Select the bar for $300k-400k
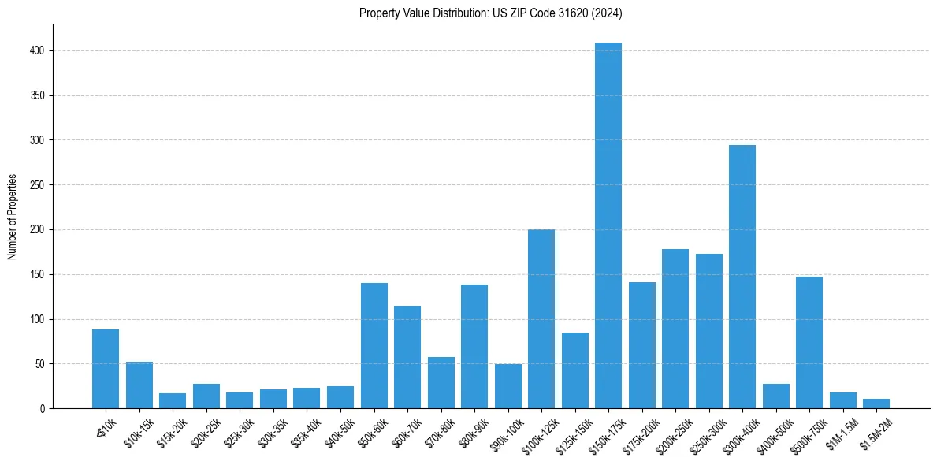(x=742, y=277)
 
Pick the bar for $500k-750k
(x=809, y=342)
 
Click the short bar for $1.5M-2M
(x=876, y=404)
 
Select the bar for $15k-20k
(x=173, y=401)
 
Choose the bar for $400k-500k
(x=776, y=396)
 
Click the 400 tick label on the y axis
(x=38, y=50)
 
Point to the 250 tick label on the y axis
(x=38, y=185)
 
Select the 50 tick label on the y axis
(x=40, y=364)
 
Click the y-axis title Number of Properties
(x=13, y=216)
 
